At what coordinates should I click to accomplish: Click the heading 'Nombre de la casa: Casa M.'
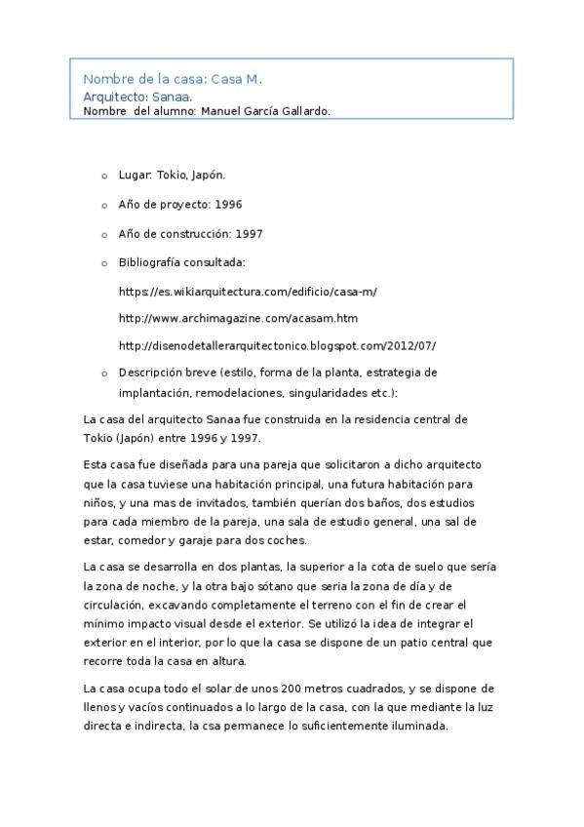coord(173,78)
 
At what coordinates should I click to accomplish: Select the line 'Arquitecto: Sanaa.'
coord(137,97)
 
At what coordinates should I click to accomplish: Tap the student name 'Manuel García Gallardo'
coord(264,111)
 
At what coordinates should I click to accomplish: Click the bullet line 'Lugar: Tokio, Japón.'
coord(172,176)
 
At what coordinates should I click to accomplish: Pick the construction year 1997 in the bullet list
coord(249,234)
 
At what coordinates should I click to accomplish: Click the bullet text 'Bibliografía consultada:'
coord(181,262)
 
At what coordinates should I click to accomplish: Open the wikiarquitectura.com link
coord(248,292)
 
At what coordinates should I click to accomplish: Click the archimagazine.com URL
coord(238,318)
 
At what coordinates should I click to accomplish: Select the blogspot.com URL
coord(277,345)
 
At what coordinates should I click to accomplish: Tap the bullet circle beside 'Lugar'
coord(104,177)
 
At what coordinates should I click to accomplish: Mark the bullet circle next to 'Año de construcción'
coord(104,235)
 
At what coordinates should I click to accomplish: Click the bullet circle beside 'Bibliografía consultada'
coord(104,263)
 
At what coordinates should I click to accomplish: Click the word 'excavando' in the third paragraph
coord(154,604)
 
